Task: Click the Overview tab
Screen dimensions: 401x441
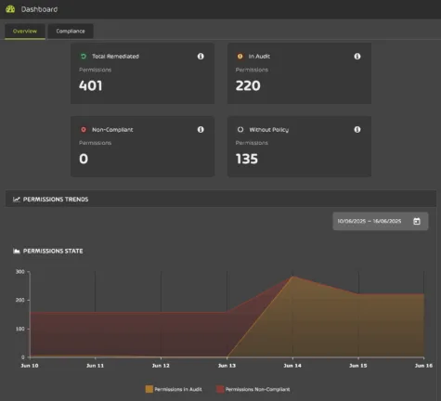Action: tap(25, 31)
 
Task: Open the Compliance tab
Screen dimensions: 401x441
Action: tap(71, 31)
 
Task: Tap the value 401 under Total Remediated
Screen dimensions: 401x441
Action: tap(91, 85)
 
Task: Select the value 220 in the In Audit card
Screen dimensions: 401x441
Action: tap(247, 85)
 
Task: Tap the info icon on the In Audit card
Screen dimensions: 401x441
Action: tap(357, 56)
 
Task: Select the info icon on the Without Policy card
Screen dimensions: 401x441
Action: tap(357, 129)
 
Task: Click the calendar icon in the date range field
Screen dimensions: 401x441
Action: tap(417, 221)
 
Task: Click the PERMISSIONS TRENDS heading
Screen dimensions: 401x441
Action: tap(56, 199)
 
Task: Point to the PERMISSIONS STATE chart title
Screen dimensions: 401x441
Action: tap(58, 251)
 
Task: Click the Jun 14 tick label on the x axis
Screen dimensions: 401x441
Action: tap(292, 366)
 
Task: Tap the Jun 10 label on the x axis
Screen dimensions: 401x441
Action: tap(30, 366)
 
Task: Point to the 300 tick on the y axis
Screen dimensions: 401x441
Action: tap(19, 272)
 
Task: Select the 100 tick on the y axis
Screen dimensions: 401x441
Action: tap(19, 329)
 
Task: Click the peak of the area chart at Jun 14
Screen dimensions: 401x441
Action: tap(292, 276)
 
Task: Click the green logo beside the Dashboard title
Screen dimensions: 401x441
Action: tap(10, 9)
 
